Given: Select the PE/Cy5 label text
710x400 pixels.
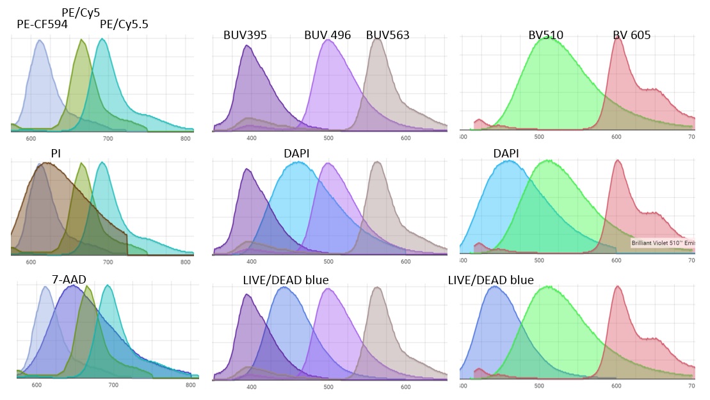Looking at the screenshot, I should tap(81, 12).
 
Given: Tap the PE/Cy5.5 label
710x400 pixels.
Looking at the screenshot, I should tap(124, 24).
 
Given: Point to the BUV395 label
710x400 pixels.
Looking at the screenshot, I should tap(245, 35).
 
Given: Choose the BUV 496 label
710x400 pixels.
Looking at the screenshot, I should tap(327, 35).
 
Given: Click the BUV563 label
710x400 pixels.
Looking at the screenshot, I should tap(387, 35).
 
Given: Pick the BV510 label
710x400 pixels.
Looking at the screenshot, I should tap(545, 35).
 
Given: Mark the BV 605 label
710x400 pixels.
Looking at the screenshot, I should tap(631, 35).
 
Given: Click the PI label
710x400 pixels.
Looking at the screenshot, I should tap(56, 154).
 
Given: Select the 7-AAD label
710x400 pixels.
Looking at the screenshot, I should tap(69, 279).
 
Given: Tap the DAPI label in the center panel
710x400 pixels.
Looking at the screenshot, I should tap(296, 154).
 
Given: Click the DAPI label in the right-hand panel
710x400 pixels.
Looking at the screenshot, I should tap(506, 154).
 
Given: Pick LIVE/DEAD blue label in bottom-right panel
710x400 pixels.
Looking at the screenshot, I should tap(490, 280).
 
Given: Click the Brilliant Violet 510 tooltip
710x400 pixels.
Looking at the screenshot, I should tap(663, 243).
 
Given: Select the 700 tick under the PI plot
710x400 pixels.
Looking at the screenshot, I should tap(108, 262).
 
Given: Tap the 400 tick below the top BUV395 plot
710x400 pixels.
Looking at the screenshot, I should tap(251, 138).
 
